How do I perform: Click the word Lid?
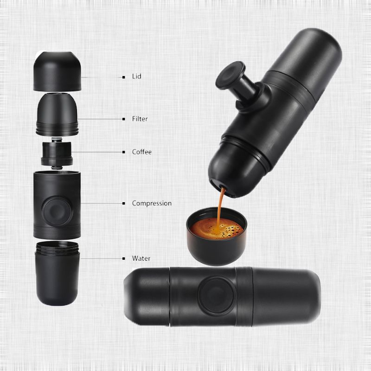pyautogui.click(x=136, y=76)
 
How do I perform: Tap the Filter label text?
pyautogui.click(x=140, y=119)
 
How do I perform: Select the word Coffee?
pyautogui.click(x=142, y=152)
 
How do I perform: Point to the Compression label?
pyautogui.click(x=152, y=203)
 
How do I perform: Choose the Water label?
pyautogui.click(x=141, y=258)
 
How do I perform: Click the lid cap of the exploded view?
pyautogui.click(x=58, y=71)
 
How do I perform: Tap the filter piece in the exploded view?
pyautogui.click(x=57, y=115)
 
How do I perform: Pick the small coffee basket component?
pyautogui.click(x=57, y=154)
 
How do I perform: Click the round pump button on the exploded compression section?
pyautogui.click(x=57, y=211)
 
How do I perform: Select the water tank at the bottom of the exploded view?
pyautogui.click(x=57, y=273)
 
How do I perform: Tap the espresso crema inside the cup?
pyautogui.click(x=217, y=228)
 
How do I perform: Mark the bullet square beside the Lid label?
pyautogui.click(x=123, y=77)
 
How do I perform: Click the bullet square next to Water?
pyautogui.click(x=123, y=258)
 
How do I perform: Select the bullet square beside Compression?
pyautogui.click(x=123, y=203)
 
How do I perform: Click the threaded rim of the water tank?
pyautogui.click(x=57, y=248)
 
